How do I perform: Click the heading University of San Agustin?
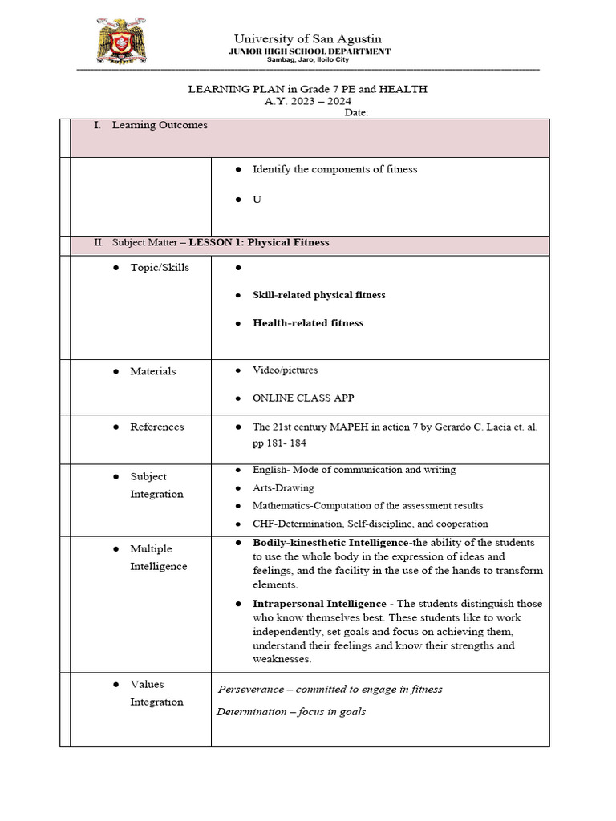(x=307, y=38)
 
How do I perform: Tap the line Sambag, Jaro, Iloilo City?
(x=308, y=60)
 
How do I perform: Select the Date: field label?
(x=356, y=113)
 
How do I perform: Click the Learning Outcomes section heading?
(x=160, y=125)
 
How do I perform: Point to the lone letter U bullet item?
(x=257, y=199)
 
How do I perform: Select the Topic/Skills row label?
(x=160, y=267)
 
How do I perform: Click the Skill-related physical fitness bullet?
(x=318, y=295)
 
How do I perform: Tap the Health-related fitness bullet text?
(x=307, y=323)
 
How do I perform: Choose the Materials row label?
(x=153, y=371)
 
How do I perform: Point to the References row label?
(x=157, y=427)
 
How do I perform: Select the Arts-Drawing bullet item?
(x=283, y=487)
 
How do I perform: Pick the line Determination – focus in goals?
(x=291, y=711)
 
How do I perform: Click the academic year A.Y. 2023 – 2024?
(x=308, y=101)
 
